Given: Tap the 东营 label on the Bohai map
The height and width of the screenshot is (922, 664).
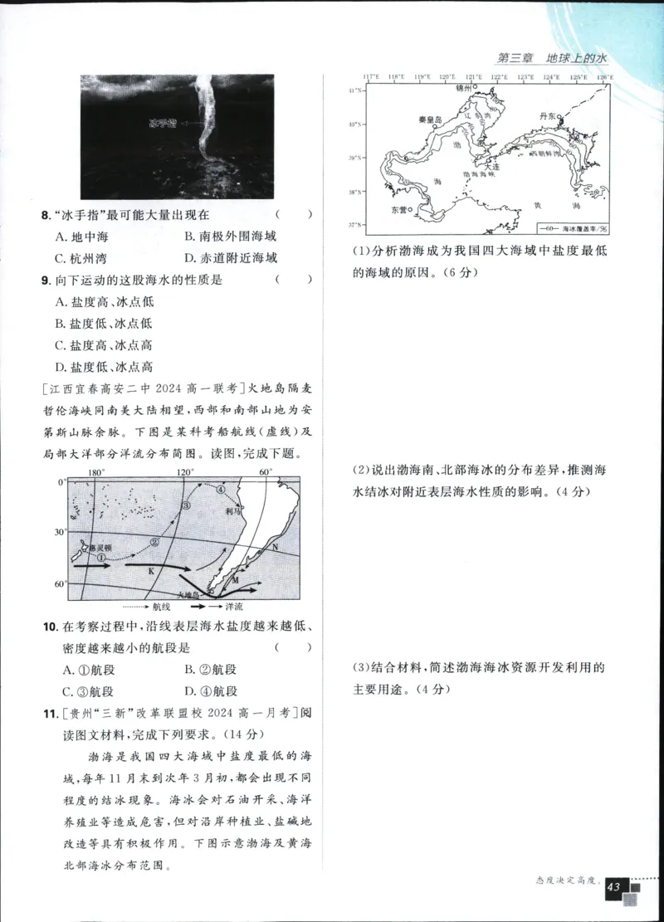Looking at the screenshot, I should (398, 210).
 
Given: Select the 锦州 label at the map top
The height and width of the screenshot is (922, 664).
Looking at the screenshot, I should (466, 86).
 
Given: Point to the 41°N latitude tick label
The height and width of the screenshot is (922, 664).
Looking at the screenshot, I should (354, 90).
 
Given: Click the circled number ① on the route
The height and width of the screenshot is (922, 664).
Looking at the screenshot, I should (100, 559).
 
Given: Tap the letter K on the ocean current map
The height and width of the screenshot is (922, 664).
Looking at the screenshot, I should (151, 572).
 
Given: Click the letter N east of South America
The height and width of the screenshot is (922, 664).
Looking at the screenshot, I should (275, 549).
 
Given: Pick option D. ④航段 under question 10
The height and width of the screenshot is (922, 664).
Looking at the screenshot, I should (210, 691).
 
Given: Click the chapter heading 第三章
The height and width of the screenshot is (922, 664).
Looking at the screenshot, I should (514, 59).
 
